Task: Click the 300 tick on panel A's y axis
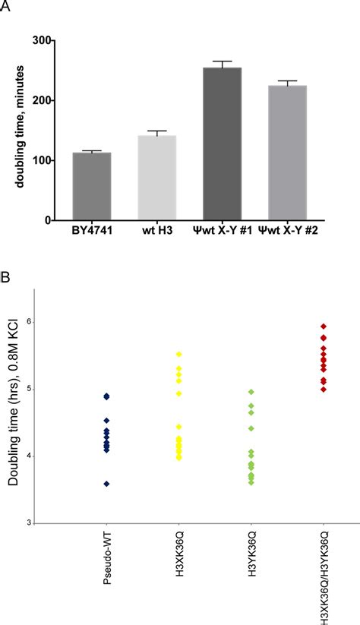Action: click(x=51, y=40)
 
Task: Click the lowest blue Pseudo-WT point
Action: click(x=106, y=484)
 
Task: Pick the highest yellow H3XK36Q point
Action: click(x=178, y=354)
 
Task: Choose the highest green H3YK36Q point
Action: click(x=251, y=392)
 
